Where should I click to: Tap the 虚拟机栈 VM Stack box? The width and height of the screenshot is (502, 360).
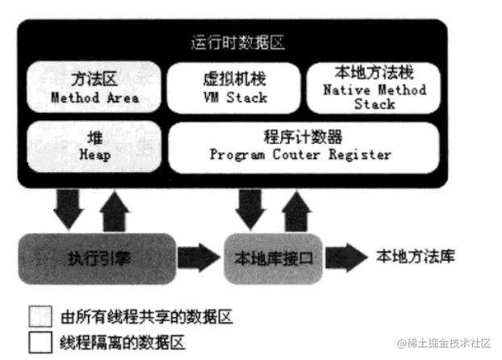click(233, 88)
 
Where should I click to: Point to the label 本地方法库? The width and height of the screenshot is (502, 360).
click(415, 257)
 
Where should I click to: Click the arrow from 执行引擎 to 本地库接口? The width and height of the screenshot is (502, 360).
click(199, 257)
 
